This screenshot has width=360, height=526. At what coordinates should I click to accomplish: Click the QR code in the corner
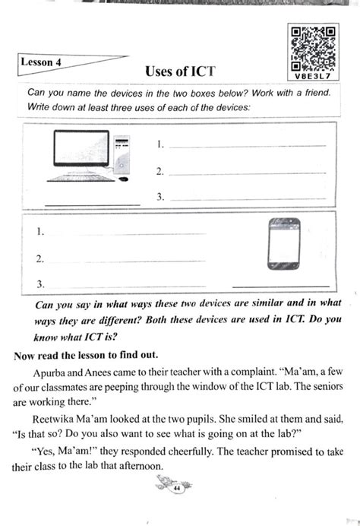point(313,44)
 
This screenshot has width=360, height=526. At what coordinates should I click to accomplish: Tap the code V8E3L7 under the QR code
point(313,75)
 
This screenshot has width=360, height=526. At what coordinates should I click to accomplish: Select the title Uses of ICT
point(180,71)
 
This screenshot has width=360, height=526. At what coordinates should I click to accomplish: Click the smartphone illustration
point(284,245)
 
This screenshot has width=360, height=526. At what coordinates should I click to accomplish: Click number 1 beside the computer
point(160,144)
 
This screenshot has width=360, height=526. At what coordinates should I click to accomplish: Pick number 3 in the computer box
point(160,196)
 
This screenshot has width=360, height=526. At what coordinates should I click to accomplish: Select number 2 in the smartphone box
point(39,258)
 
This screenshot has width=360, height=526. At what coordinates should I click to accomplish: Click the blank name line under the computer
point(92,204)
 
